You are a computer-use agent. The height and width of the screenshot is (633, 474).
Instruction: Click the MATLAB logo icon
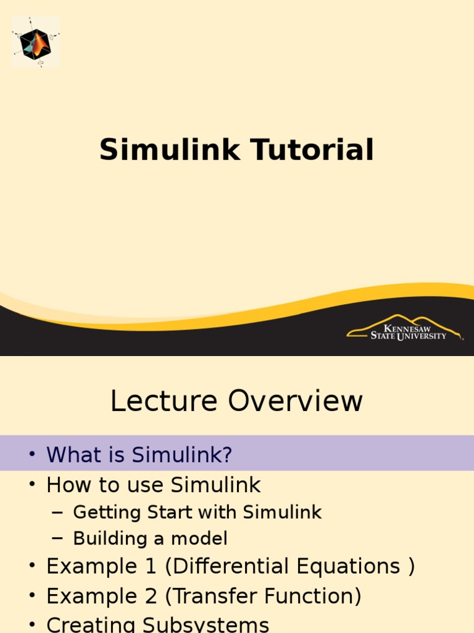(x=36, y=42)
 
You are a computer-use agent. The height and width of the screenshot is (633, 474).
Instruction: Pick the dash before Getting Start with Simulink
(x=57, y=512)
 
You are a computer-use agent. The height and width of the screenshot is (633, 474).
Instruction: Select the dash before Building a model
(x=57, y=539)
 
